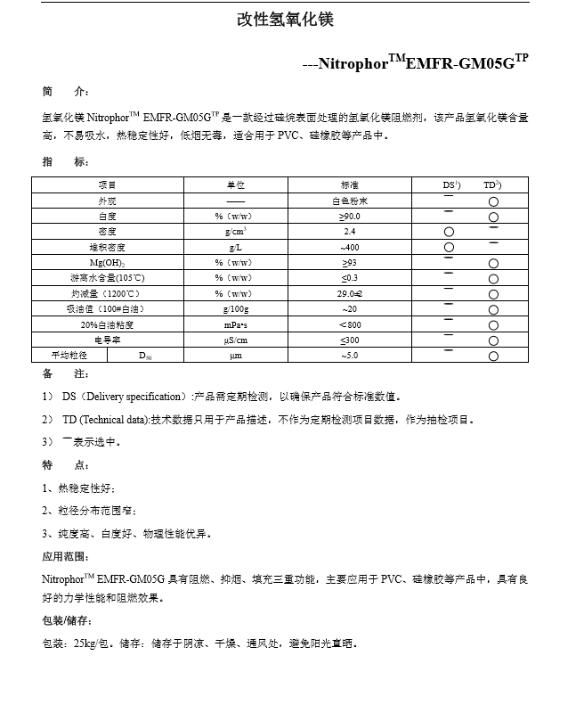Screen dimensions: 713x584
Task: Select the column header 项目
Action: click(x=108, y=184)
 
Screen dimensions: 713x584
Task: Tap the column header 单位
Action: click(x=236, y=184)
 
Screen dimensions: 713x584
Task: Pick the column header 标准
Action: click(x=350, y=184)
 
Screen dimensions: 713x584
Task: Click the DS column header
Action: click(x=451, y=184)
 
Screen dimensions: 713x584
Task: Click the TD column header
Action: click(x=492, y=184)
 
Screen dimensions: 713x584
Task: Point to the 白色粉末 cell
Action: click(x=350, y=201)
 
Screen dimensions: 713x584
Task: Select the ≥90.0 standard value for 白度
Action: click(x=350, y=216)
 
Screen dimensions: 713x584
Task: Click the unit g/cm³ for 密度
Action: click(x=236, y=231)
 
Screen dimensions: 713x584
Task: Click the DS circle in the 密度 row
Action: click(x=449, y=232)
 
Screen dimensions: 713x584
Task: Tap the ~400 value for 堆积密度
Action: click(x=350, y=247)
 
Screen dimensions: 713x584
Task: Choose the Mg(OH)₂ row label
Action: click(x=108, y=262)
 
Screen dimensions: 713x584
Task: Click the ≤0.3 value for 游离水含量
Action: click(x=350, y=277)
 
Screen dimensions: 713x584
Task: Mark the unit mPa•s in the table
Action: click(x=236, y=324)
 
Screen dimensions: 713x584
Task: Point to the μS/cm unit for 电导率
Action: click(x=236, y=340)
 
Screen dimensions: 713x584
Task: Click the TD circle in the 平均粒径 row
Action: click(x=493, y=356)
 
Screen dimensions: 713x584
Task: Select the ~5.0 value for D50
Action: click(x=350, y=356)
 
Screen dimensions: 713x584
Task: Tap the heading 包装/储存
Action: click(x=68, y=620)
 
